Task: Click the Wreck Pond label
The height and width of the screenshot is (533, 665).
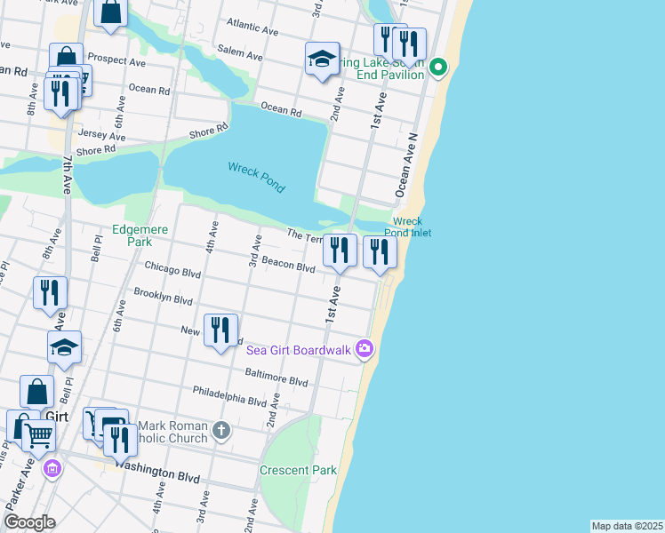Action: [x=256, y=177]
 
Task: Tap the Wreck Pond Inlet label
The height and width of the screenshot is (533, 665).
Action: [x=408, y=227]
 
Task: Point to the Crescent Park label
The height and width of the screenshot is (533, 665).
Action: [x=298, y=470]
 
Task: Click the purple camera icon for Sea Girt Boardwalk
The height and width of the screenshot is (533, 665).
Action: [x=364, y=348]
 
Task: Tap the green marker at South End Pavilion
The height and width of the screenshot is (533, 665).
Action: [x=437, y=68]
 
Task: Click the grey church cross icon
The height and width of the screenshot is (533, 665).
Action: [x=221, y=431]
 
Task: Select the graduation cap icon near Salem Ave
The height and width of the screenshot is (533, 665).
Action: [x=322, y=60]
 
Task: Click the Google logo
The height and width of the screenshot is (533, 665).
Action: [x=29, y=522]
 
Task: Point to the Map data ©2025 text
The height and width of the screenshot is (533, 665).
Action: [x=627, y=526]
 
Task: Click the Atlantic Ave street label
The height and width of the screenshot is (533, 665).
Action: [x=253, y=26]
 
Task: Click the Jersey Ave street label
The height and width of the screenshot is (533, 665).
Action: [x=102, y=135]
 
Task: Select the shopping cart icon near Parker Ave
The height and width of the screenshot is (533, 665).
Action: [x=38, y=434]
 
